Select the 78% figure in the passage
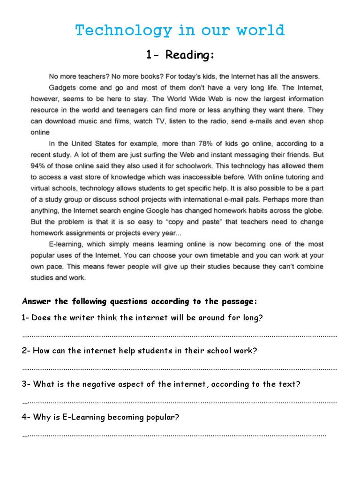pos(218,143)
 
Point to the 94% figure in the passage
pos(38,166)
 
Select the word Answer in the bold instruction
pos(36,301)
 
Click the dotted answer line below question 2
pos(180,369)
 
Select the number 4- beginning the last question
pos(26,417)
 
